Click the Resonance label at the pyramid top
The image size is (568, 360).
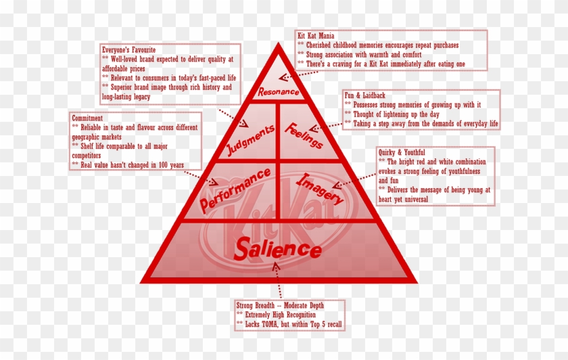pyautogui.click(x=278, y=90)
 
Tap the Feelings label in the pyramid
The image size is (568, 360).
pyautogui.click(x=304, y=135)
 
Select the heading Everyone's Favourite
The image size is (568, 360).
pyautogui.click(x=128, y=50)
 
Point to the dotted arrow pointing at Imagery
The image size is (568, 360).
pyautogui.click(x=360, y=178)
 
